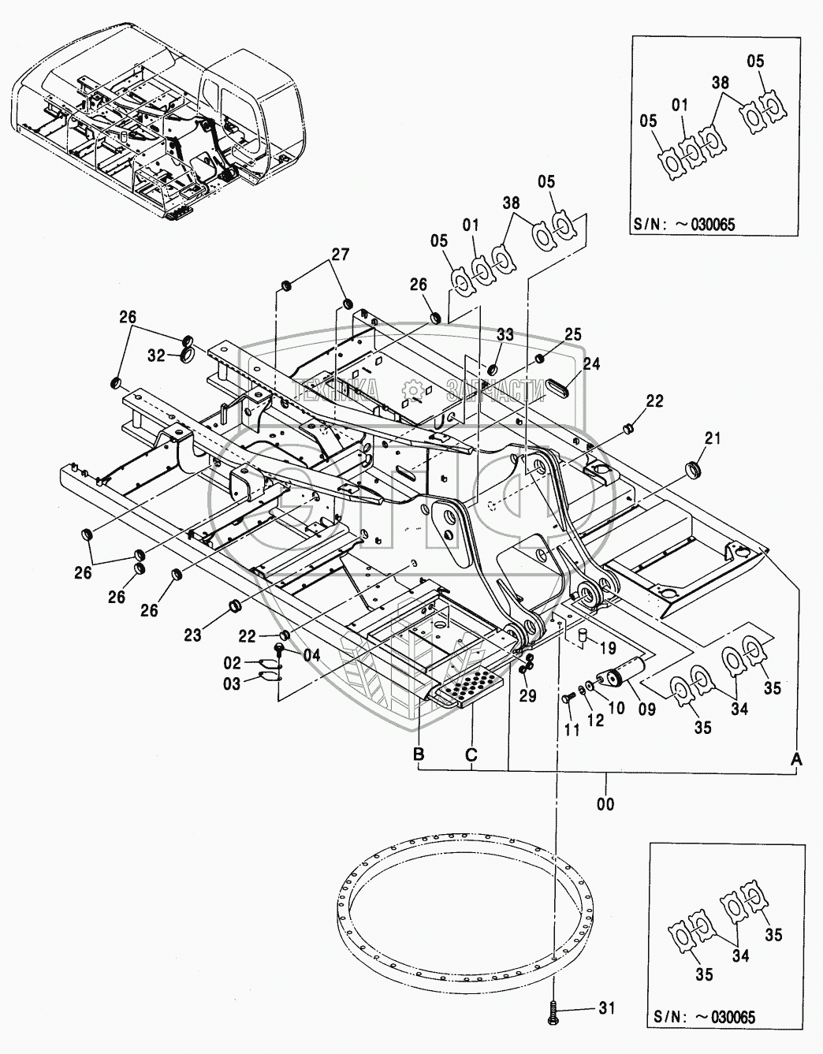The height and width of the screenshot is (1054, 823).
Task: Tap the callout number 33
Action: (x=505, y=334)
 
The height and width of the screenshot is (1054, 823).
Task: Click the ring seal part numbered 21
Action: (x=694, y=470)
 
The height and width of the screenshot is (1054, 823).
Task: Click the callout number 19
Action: (x=607, y=648)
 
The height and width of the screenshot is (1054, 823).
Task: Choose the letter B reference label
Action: (x=418, y=754)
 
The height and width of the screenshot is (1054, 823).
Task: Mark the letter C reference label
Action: (x=471, y=754)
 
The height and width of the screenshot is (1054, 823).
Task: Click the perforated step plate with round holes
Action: (x=467, y=686)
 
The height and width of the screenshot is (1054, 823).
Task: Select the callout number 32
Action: (x=156, y=356)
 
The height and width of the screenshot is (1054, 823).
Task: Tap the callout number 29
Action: (x=528, y=695)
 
